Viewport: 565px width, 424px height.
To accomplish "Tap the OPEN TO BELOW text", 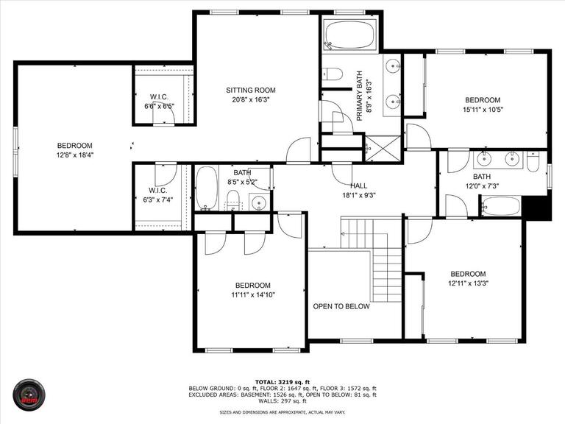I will click(x=341, y=306).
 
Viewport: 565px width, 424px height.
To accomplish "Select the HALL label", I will click(x=358, y=185).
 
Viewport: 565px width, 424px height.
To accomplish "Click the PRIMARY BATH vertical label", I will click(x=360, y=95).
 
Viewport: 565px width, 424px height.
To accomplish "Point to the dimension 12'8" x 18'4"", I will click(x=75, y=155).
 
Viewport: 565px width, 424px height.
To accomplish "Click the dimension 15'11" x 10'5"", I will click(x=482, y=110).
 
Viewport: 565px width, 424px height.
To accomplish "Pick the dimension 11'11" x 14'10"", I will click(x=252, y=295).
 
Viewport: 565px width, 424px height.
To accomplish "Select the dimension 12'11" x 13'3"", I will click(x=468, y=283).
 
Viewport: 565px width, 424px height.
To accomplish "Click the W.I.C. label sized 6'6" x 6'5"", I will click(x=160, y=96).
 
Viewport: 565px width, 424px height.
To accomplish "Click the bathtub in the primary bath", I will click(x=350, y=34).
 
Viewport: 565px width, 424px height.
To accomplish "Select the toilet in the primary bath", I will click(x=333, y=74).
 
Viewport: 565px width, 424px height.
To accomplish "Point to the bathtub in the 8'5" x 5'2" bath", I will click(x=206, y=188).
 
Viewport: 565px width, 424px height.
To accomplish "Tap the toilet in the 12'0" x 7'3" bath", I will click(x=533, y=160).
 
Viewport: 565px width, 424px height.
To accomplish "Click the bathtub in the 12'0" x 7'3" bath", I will click(x=501, y=206).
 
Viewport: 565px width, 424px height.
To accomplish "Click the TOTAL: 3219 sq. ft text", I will click(x=282, y=381).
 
